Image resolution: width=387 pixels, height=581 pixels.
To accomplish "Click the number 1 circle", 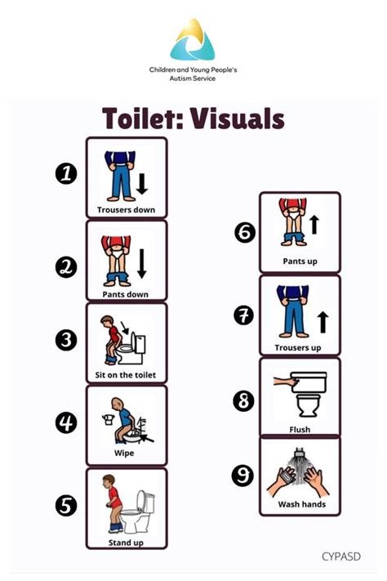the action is [x=66, y=173].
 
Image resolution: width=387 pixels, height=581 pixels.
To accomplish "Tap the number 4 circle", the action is [x=66, y=422].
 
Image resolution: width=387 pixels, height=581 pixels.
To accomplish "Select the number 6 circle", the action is [x=245, y=232].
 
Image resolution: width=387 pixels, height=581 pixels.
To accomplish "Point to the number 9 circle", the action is [x=243, y=476].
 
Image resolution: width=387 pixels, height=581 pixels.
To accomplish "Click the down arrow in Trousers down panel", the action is [x=142, y=184].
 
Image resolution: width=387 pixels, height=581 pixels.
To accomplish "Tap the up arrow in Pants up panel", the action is [x=314, y=225].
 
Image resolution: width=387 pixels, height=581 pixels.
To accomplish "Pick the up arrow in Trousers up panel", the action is [x=323, y=322].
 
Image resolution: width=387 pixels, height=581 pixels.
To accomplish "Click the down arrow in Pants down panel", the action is [x=142, y=263].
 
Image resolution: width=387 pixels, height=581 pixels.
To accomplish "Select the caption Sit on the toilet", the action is [x=126, y=375].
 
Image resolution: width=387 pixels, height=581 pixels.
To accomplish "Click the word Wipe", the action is [x=124, y=454].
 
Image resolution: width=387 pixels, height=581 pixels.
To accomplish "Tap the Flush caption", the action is [x=300, y=430].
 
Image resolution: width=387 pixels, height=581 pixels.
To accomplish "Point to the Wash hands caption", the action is [x=302, y=504].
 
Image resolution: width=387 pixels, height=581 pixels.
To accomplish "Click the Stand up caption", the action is [x=126, y=543].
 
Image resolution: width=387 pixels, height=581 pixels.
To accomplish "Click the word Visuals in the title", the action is [x=238, y=118].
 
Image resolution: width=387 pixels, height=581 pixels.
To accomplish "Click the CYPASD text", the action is [x=341, y=556].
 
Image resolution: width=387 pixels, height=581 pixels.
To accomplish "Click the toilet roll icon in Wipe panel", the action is [x=108, y=419].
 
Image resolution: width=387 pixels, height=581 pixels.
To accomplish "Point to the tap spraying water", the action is [x=299, y=453].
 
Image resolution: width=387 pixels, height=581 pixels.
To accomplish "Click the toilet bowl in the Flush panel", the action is [x=308, y=405].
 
